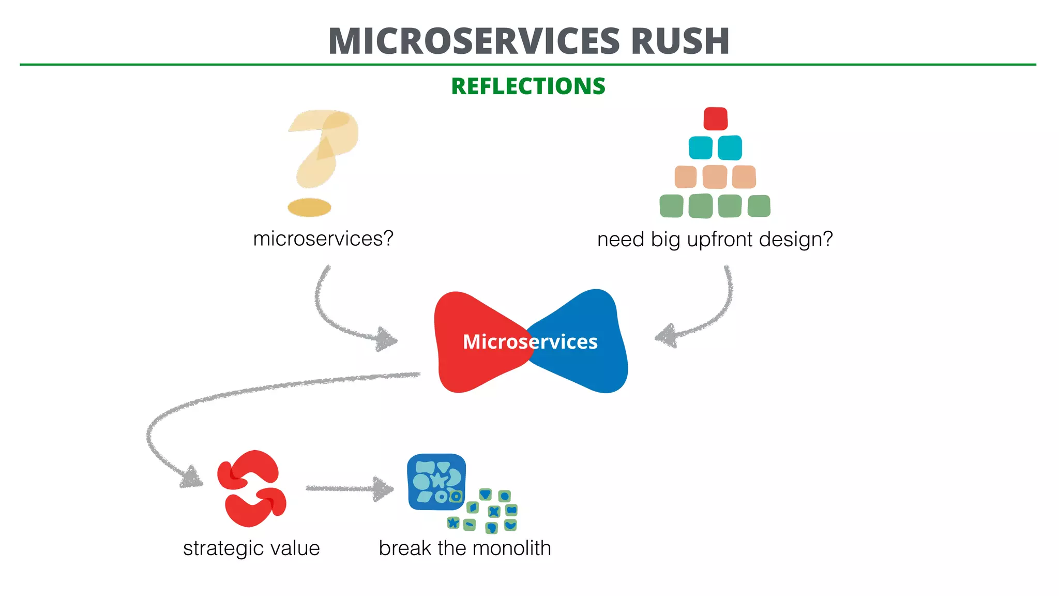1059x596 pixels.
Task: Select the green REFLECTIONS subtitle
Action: [x=528, y=86]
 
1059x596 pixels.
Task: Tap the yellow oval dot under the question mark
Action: [x=309, y=207]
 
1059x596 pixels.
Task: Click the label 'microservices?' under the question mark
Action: [x=323, y=239]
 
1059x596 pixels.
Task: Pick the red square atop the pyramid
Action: [x=716, y=118]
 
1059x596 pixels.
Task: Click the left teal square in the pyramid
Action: [x=701, y=148]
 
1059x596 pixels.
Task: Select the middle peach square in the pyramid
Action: [x=715, y=177]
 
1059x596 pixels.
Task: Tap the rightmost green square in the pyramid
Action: [x=759, y=206]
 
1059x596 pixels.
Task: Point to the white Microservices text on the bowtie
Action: [x=530, y=342]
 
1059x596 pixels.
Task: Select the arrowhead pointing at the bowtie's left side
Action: [x=387, y=339]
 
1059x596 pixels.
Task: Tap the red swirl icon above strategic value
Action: [x=251, y=488]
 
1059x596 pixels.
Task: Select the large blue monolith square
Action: [x=435, y=481]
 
